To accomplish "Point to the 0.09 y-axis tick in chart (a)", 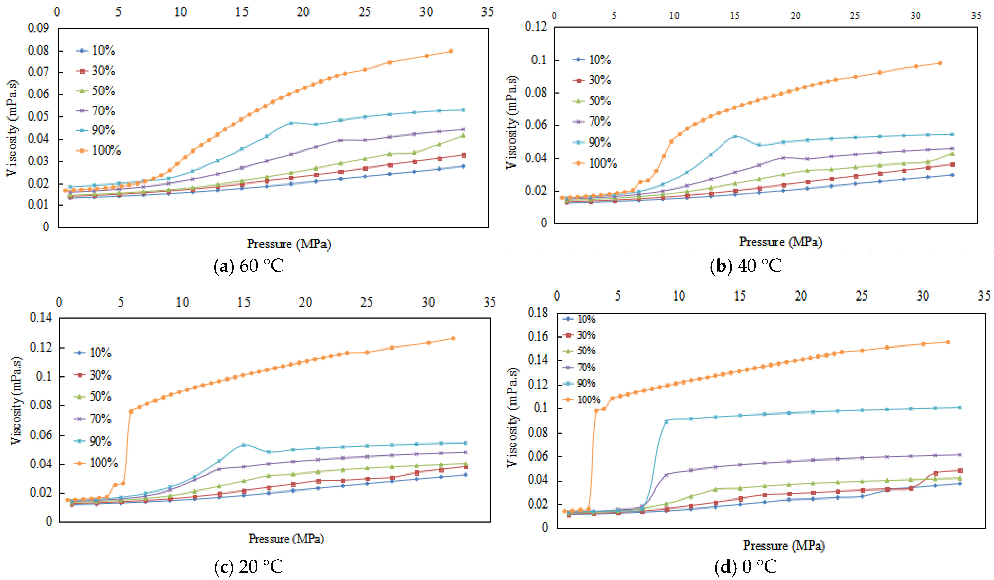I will click(38, 28).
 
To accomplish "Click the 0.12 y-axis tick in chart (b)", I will click(536, 27).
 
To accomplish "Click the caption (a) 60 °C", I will click(249, 266).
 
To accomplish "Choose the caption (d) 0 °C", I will click(745, 567).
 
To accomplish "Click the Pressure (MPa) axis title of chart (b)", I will click(780, 241).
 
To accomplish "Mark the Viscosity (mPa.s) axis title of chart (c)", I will click(16, 400).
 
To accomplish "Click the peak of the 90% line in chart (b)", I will click(735, 136).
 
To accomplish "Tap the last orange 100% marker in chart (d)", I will click(947, 342).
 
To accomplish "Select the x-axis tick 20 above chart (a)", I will click(303, 12).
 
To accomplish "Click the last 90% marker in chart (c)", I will click(465, 443).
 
